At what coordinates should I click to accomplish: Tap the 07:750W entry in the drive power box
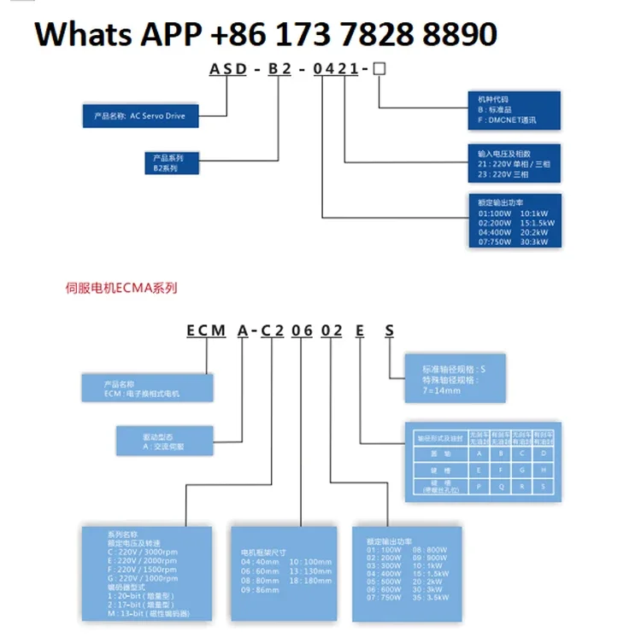496,243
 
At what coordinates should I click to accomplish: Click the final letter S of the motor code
390,331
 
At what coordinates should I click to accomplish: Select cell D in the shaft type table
543,454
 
